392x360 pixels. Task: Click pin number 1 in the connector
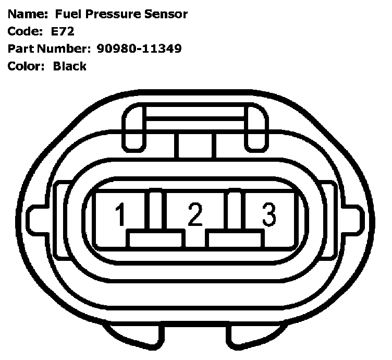121,214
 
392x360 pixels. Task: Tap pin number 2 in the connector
195,214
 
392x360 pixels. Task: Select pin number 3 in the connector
269,214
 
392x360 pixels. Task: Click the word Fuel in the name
68,14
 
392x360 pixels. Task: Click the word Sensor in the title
166,14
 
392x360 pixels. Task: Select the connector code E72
63,31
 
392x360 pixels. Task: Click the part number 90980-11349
139,49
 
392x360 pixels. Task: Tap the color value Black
70,66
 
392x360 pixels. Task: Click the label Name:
28,14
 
